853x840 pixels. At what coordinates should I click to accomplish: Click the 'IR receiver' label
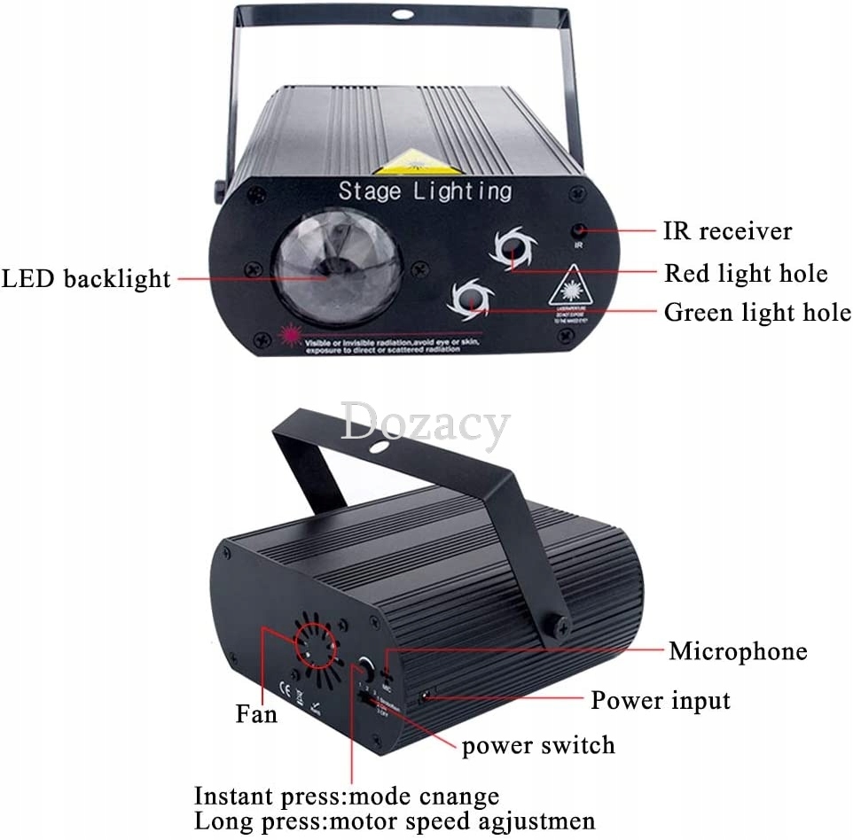pos(727,231)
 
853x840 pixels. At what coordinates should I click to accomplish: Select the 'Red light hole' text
pos(746,273)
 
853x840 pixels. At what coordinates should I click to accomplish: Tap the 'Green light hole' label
pos(757,312)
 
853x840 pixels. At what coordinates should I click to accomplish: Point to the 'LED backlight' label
pos(85,278)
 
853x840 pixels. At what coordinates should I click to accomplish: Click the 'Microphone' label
pos(738,651)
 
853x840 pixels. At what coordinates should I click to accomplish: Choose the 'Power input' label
pos(661,700)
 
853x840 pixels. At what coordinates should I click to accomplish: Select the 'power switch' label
pos(538,744)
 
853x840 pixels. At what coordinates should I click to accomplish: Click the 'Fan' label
pos(256,712)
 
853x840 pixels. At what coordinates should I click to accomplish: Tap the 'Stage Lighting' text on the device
pos(425,190)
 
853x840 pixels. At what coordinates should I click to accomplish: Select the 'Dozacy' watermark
pos(426,424)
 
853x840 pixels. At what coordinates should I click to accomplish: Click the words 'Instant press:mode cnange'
pos(347,796)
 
